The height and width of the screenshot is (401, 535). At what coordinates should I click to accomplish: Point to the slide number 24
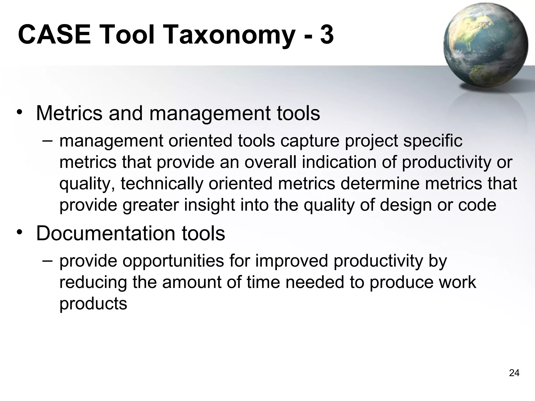(x=514, y=373)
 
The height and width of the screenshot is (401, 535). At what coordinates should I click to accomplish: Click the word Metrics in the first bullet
(x=69, y=113)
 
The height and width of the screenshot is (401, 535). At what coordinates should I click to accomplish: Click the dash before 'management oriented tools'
(x=47, y=140)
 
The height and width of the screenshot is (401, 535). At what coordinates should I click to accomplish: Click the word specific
(x=433, y=141)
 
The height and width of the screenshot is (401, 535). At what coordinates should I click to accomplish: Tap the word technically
(x=162, y=184)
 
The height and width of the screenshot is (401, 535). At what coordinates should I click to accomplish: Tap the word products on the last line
(x=93, y=304)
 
